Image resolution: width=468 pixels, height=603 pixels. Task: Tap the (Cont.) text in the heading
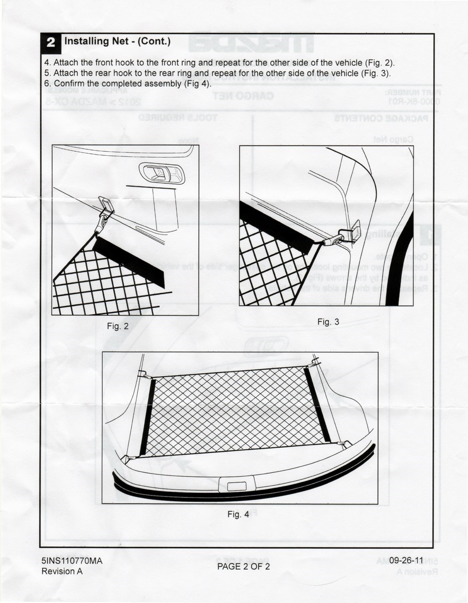point(154,41)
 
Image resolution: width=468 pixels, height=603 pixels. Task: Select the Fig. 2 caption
point(118,326)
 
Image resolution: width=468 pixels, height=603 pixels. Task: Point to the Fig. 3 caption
point(328,322)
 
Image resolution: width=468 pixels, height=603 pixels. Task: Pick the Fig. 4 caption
point(238,514)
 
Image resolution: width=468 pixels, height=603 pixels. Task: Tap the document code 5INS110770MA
point(72,561)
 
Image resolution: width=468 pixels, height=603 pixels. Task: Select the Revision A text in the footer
point(62,571)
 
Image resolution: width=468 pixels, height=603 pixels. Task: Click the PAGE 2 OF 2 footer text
point(244,566)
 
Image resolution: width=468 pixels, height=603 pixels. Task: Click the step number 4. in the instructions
point(48,63)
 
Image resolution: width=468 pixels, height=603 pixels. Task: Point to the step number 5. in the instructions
point(48,73)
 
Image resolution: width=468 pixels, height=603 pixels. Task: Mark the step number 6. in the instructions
point(48,83)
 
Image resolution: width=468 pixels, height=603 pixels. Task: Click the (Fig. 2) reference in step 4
point(380,63)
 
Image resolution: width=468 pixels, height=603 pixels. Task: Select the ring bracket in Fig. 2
point(106,206)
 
